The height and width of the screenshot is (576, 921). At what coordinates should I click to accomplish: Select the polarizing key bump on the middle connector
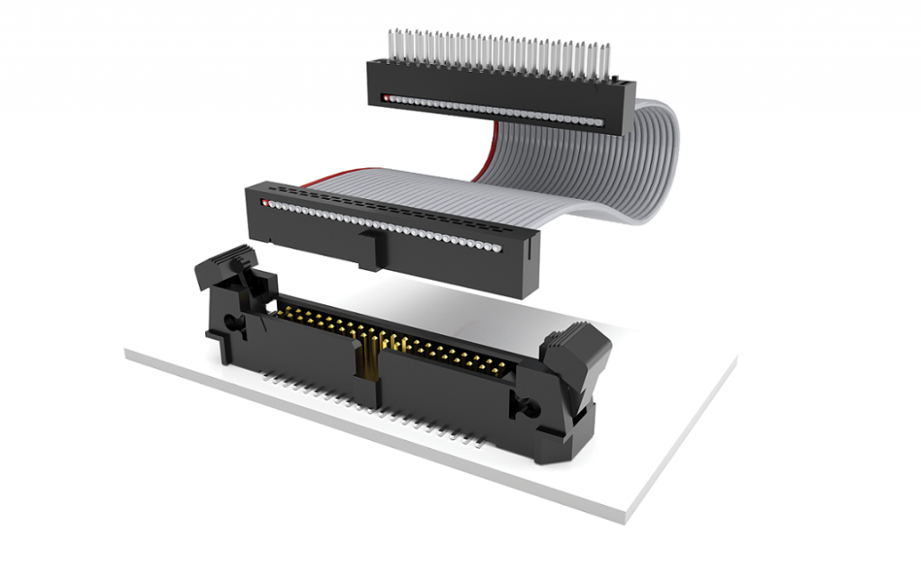point(371,248)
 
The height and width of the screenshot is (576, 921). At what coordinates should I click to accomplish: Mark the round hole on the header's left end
point(231,322)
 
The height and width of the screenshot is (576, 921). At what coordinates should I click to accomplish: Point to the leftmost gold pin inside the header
point(286,310)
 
